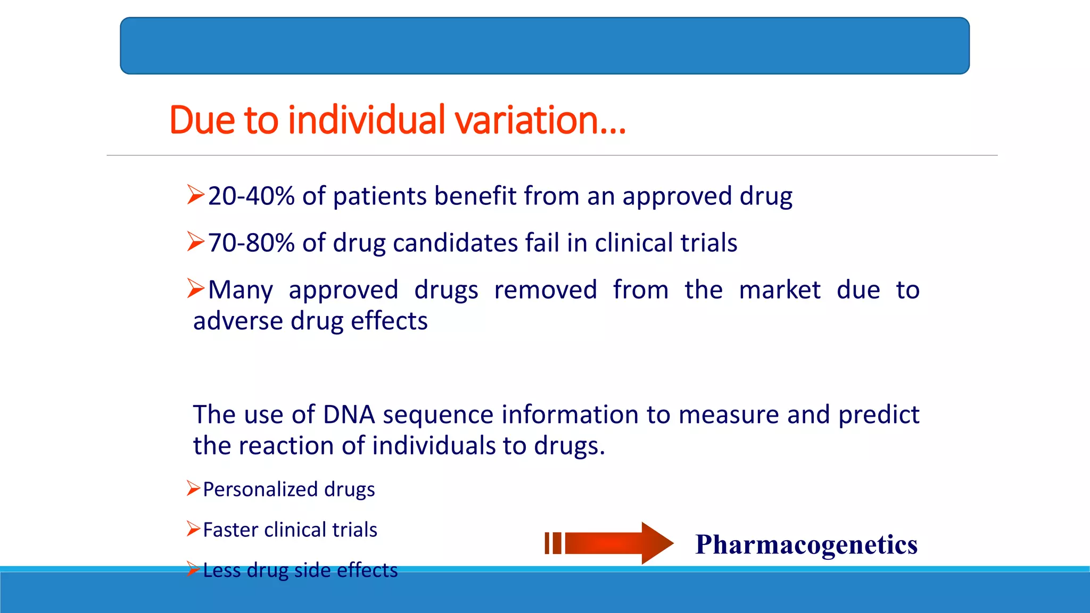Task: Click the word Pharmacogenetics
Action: tap(806, 544)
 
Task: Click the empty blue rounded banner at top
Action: tap(544, 46)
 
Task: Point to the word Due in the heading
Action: tap(202, 120)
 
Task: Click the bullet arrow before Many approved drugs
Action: tap(195, 288)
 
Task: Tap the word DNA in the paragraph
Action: tap(349, 415)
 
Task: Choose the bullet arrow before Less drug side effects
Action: tap(193, 569)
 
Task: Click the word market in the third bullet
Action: tap(780, 291)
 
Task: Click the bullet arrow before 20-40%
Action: tap(195, 195)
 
